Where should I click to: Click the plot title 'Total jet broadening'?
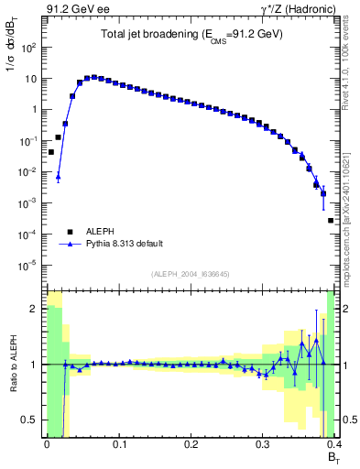(x=191, y=34)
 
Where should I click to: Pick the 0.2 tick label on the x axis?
(x=191, y=443)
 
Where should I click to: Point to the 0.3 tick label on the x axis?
(x=263, y=443)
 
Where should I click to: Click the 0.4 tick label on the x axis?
(x=333, y=443)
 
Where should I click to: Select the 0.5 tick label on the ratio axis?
(x=31, y=420)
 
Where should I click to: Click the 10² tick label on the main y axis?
(x=29, y=47)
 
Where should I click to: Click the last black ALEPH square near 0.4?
(x=331, y=221)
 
